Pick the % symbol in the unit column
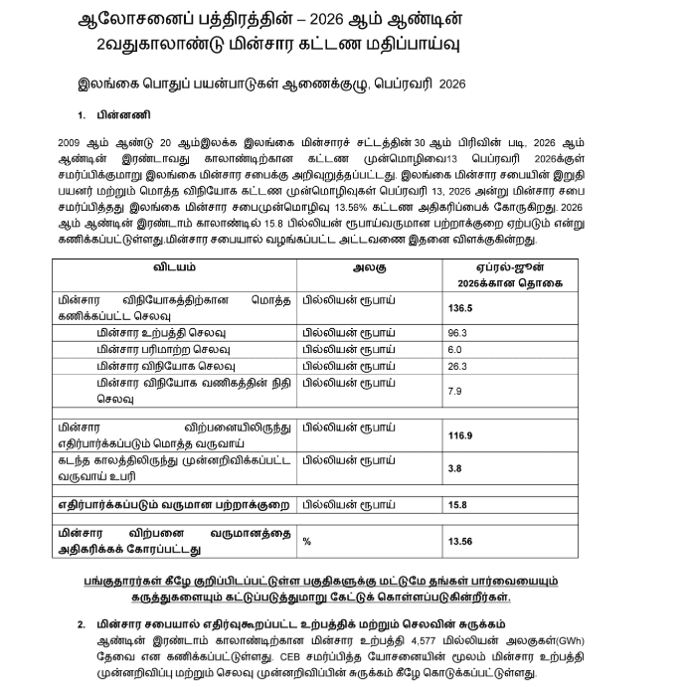pyautogui.click(x=306, y=541)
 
